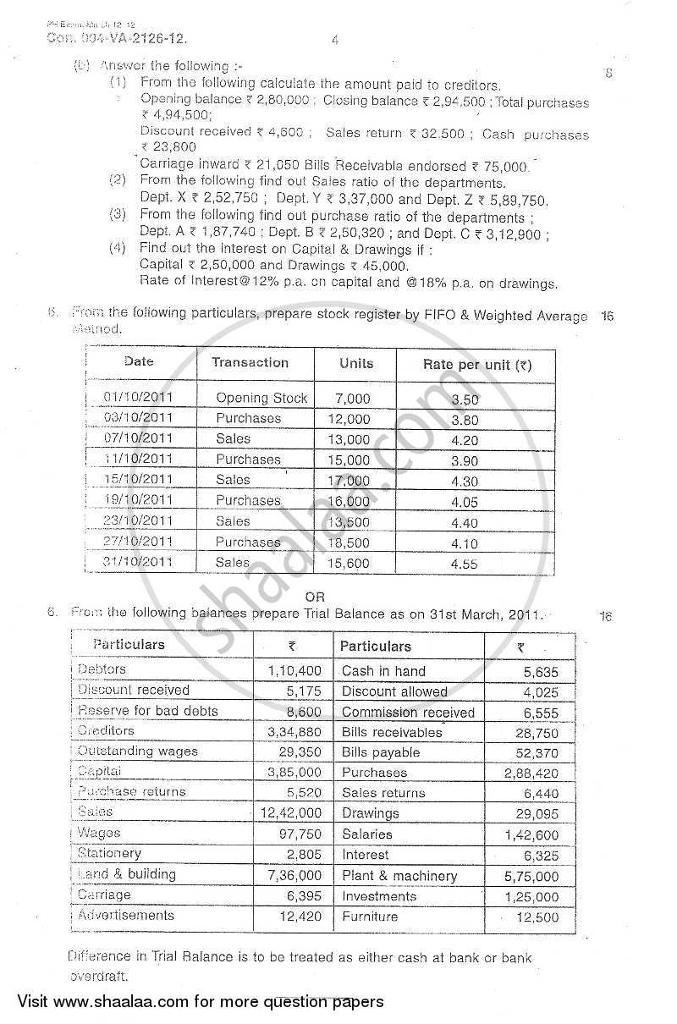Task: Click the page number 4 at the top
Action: [x=335, y=40]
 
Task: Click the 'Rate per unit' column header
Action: [x=476, y=365]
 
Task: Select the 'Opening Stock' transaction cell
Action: [x=261, y=398]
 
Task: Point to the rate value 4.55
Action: [x=465, y=562]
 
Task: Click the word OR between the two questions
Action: [x=315, y=597]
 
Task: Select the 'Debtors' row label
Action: [x=102, y=669]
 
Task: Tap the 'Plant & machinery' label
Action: [x=399, y=876]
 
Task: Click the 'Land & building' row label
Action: [x=126, y=874]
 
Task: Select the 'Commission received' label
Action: [x=408, y=712]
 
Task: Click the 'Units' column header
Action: [x=355, y=363]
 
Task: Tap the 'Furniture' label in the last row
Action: [x=369, y=916]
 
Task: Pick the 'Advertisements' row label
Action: [x=125, y=915]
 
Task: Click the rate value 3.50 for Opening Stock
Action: [x=465, y=399]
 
